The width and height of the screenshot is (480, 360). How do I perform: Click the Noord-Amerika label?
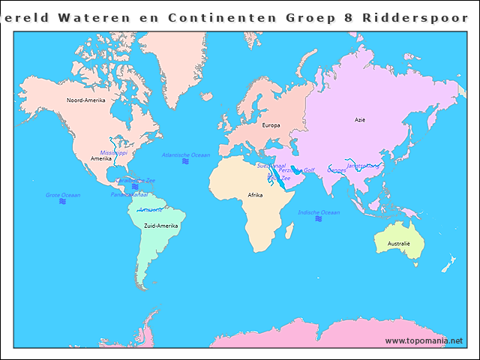point(85,100)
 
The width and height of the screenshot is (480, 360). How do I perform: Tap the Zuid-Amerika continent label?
point(160,225)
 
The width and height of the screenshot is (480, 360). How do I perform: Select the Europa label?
point(271,125)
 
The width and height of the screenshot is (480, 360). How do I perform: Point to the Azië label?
point(360,119)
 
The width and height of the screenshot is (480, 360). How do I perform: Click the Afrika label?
point(255,195)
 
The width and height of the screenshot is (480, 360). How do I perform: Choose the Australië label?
point(398,244)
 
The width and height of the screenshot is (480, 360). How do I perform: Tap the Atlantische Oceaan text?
point(186,154)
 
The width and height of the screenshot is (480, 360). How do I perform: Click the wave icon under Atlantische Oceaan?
point(185,161)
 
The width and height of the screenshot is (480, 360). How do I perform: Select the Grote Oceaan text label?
point(63,195)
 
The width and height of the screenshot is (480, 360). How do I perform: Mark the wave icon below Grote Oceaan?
point(62,202)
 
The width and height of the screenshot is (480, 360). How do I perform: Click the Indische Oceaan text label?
point(319,212)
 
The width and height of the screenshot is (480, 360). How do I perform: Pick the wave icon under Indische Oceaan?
point(319,219)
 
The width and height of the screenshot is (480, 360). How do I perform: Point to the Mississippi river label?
point(114,152)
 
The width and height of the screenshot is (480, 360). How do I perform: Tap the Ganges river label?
point(337,170)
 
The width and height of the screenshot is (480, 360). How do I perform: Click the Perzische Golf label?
point(296,170)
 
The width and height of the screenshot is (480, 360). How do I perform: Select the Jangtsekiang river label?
point(363,165)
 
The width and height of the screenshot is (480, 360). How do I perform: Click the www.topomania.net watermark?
point(424,341)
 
